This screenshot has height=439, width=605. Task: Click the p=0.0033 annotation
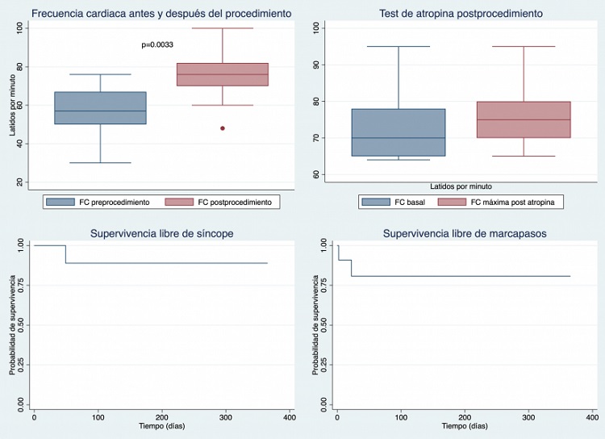point(156,44)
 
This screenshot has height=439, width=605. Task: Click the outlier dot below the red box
point(222,128)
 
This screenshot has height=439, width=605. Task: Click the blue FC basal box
point(398,132)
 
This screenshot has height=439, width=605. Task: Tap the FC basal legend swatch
point(375,202)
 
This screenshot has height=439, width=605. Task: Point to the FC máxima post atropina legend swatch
point(455,202)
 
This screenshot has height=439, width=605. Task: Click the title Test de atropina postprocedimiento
point(460,14)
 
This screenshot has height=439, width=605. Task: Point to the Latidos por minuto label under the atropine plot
point(461,186)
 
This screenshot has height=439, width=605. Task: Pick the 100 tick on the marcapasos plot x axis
point(401,417)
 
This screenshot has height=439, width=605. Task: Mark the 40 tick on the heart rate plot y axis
point(19,144)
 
